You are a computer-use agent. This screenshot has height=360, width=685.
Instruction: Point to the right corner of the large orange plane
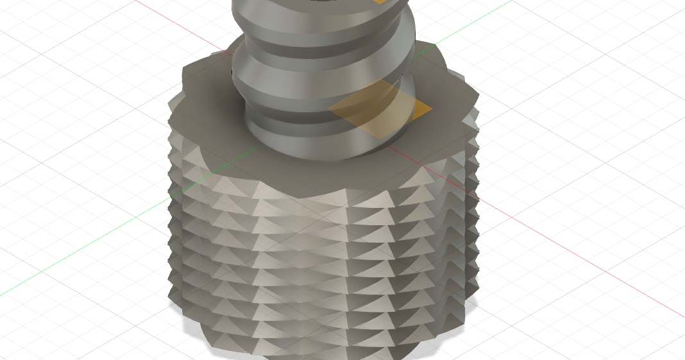pyautogui.click(x=431, y=110)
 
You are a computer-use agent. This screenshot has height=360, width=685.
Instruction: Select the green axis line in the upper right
pyautogui.click(x=475, y=19)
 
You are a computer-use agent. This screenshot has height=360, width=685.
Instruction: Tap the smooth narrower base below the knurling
pyautogui.click(x=308, y=350)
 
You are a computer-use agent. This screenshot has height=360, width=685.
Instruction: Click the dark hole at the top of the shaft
pyautogui.click(x=321, y=2)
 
